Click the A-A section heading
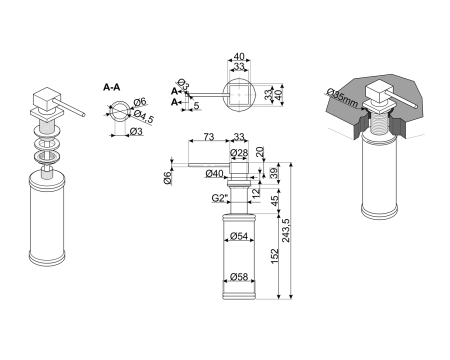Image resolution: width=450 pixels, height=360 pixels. point(112,88)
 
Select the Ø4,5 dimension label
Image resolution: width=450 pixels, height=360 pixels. point(144,116)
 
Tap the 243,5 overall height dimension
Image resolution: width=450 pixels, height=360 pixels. point(286,230)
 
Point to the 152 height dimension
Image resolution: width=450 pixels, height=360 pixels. point(274,256)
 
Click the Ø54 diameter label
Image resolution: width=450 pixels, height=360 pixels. point(239,236)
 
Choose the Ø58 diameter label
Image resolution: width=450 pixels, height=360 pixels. point(239,277)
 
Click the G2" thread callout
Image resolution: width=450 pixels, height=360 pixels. point(219,198)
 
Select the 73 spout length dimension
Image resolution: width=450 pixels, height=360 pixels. point(209,137)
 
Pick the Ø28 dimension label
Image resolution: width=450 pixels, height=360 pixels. point(239,153)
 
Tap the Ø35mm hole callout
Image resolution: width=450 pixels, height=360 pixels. point(342,97)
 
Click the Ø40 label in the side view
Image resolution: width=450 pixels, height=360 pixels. point(214,174)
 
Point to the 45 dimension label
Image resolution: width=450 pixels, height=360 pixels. point(274,201)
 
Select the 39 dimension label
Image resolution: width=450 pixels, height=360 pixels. point(274,173)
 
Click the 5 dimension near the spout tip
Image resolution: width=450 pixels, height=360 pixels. point(196,106)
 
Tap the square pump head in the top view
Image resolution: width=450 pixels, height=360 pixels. point(239,95)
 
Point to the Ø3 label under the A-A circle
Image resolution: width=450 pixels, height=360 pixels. point(136,132)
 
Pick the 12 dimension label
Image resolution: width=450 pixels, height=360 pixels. point(256,193)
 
